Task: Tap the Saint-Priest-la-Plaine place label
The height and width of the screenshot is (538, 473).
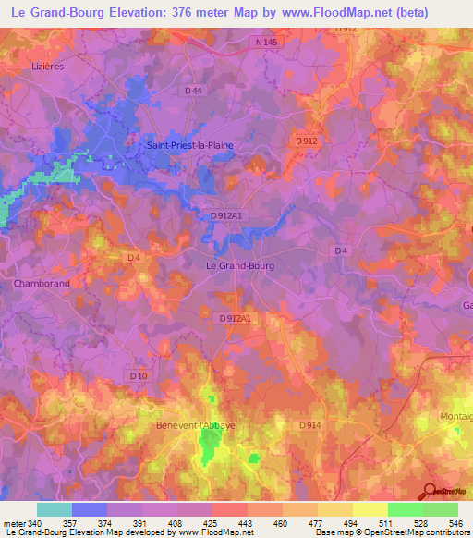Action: tap(190, 145)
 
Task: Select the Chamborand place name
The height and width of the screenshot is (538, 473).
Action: tap(42, 284)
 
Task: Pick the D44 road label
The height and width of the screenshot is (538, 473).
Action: tap(193, 91)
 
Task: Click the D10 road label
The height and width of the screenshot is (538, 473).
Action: tap(139, 375)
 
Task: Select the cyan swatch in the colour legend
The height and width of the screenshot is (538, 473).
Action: tap(55, 509)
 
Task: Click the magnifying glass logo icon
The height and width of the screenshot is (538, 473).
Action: tap(430, 493)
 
